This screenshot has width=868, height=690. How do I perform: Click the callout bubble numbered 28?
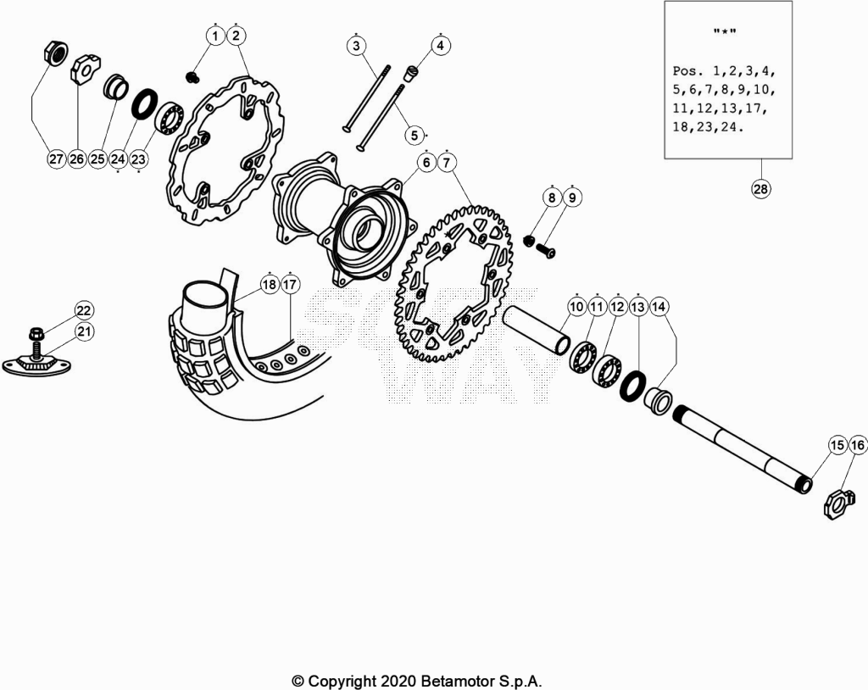coord(760,189)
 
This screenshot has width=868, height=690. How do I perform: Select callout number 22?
coord(84,310)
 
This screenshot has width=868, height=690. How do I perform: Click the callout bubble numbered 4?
coord(440,46)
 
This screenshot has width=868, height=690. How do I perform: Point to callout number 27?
coord(56,159)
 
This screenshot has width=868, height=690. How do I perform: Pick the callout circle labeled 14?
coord(659,306)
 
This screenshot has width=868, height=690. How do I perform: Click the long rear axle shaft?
coord(743,448)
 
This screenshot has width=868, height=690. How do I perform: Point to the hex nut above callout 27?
coord(55,53)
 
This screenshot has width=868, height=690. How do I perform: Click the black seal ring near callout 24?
coord(144,103)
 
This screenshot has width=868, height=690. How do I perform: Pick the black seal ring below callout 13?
coord(632,387)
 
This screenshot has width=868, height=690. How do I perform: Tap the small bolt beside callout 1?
coord(193,77)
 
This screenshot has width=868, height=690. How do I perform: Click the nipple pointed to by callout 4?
coord(412,74)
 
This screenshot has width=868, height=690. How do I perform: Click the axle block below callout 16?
coord(837,504)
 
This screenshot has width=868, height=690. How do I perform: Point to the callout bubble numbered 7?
coord(447,163)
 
